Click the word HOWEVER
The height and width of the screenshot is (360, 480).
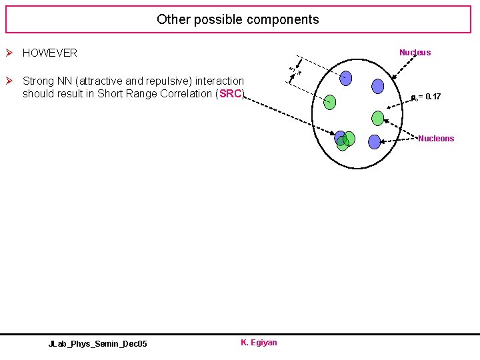(50, 53)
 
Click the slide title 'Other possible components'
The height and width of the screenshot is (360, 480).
(238, 19)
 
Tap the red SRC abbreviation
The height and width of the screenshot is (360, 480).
(230, 93)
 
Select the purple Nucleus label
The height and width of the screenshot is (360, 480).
(415, 52)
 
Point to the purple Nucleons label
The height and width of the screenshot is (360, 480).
(436, 139)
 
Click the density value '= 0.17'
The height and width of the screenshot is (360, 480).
(427, 97)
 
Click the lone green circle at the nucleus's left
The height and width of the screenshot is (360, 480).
(330, 101)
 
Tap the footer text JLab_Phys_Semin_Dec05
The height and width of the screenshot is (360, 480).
(98, 343)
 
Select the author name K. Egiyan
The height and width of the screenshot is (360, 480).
(259, 343)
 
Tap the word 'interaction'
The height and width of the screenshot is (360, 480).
(219, 81)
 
